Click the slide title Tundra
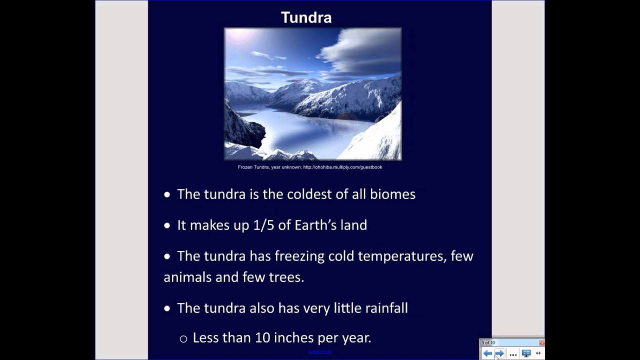[x=306, y=17]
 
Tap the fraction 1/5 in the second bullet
[x=264, y=225]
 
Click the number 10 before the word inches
[x=262, y=337]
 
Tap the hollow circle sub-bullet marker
[x=183, y=339]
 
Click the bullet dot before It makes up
[x=167, y=226]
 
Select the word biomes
[x=392, y=194]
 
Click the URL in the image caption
[x=342, y=167]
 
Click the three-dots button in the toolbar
[x=513, y=354]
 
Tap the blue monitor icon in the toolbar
[x=526, y=353]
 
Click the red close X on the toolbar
[x=542, y=343]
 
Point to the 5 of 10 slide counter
[x=488, y=343]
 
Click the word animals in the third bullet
[x=187, y=277]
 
